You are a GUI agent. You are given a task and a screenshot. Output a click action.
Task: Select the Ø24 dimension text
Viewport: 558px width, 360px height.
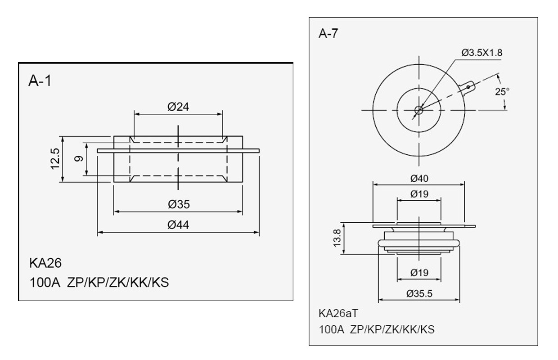click(x=179, y=107)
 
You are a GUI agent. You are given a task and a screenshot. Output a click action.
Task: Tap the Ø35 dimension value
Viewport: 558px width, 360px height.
click(x=179, y=204)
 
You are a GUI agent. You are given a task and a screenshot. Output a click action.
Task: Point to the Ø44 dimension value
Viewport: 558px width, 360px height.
click(x=179, y=225)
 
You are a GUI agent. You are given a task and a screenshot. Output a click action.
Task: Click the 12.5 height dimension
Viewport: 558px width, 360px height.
click(x=55, y=159)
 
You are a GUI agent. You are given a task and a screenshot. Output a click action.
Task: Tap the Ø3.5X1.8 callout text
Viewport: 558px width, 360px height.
click(x=482, y=53)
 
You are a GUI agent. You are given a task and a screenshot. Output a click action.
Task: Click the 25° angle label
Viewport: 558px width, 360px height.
click(x=502, y=91)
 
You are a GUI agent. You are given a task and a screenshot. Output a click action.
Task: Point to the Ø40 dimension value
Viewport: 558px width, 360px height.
click(x=419, y=179)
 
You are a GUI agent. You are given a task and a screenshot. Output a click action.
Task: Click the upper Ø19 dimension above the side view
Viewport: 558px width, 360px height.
click(x=419, y=194)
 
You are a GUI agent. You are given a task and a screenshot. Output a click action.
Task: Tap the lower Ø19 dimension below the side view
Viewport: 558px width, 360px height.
click(x=419, y=273)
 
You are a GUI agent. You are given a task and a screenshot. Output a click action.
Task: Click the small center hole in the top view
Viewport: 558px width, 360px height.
click(x=419, y=110)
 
